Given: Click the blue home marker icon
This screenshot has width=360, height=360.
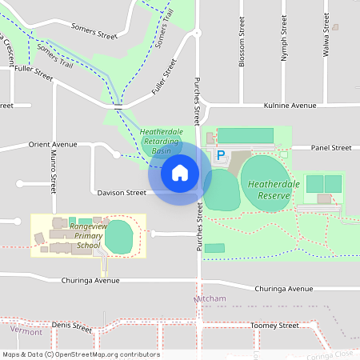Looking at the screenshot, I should (x=180, y=173).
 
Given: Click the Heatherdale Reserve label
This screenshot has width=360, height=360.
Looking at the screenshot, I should (x=269, y=190).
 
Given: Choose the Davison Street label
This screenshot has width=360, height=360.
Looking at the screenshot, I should (x=122, y=193).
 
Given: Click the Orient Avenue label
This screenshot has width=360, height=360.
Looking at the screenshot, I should (x=52, y=145).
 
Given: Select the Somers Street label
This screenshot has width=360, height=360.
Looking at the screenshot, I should (x=94, y=35).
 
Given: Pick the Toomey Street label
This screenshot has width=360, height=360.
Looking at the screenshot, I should (x=274, y=326).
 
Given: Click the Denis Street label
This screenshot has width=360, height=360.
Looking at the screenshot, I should (x=73, y=326).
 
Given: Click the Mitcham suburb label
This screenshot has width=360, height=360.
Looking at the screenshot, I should (x=210, y=299).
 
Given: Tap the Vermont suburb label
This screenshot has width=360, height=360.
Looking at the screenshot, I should (x=26, y=330).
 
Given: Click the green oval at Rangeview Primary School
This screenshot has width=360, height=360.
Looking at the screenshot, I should (x=118, y=236).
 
